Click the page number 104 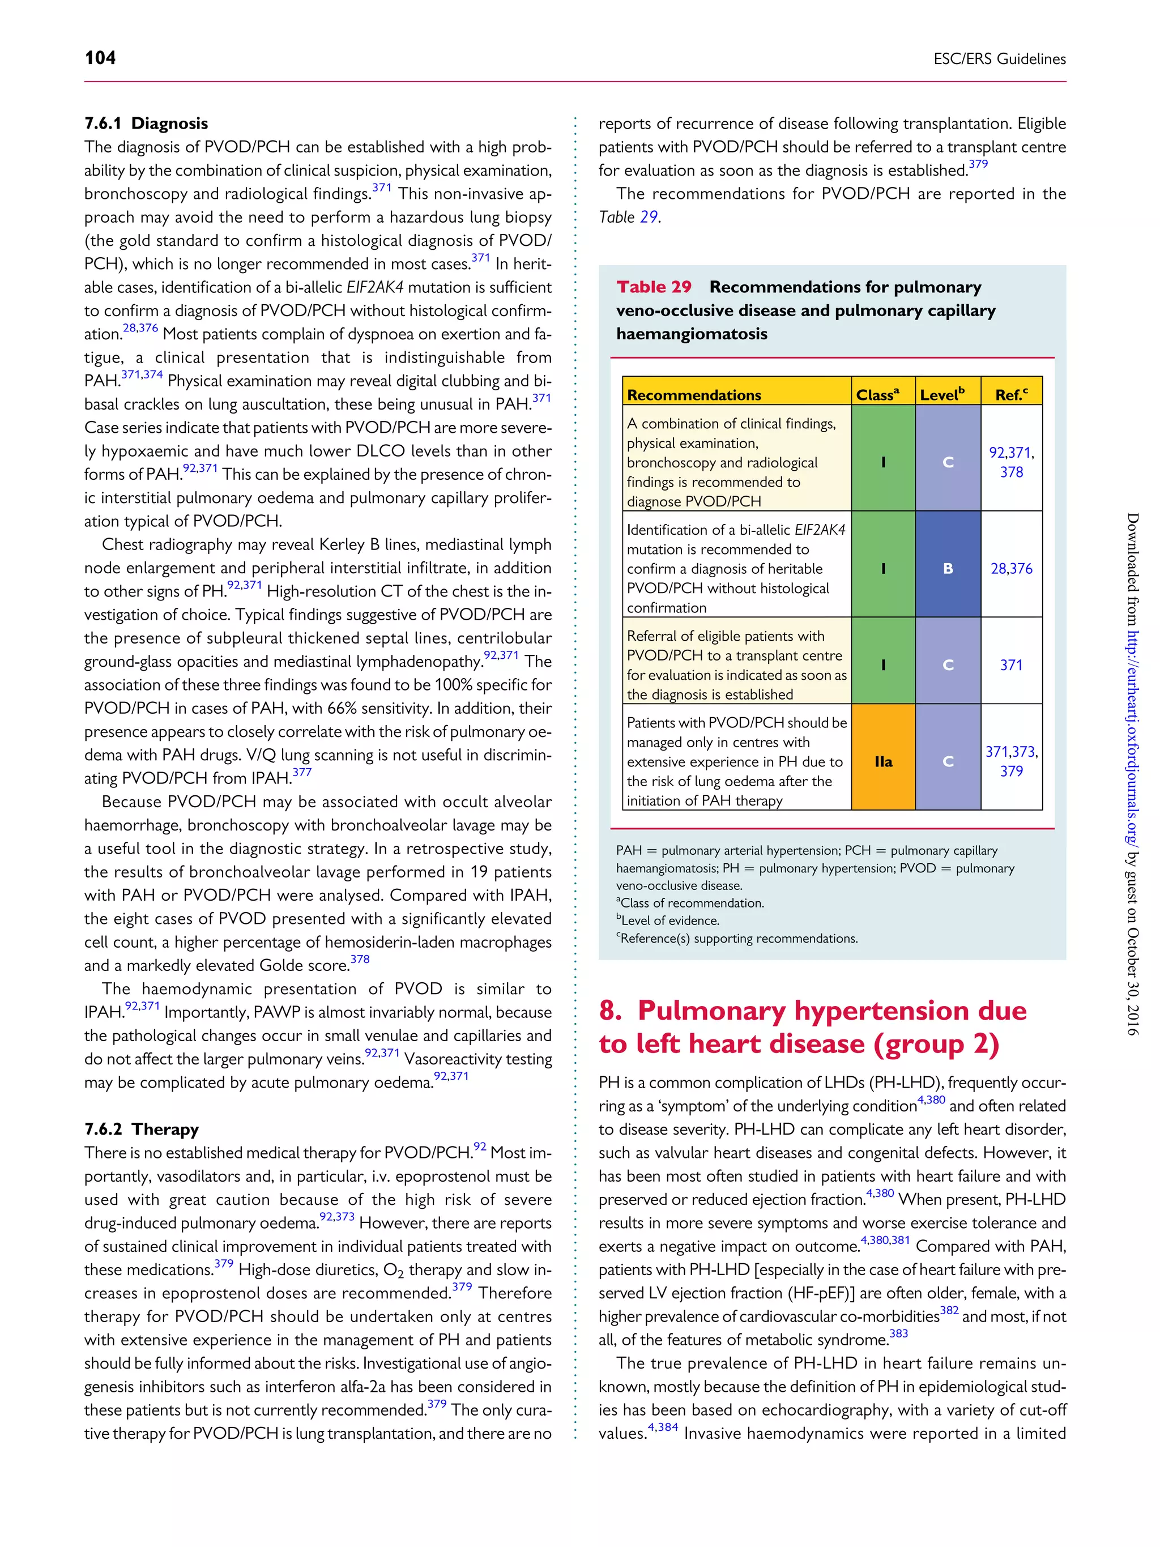[x=100, y=57]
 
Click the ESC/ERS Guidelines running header [x=999, y=59]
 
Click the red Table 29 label [x=653, y=287]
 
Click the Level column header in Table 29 [x=942, y=394]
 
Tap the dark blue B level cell [x=948, y=568]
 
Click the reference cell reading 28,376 [x=1011, y=568]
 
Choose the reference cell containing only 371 [x=1011, y=664]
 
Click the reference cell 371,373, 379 [x=1011, y=761]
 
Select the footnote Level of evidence [x=669, y=920]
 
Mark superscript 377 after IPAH [x=302, y=772]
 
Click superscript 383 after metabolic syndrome [x=898, y=1333]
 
